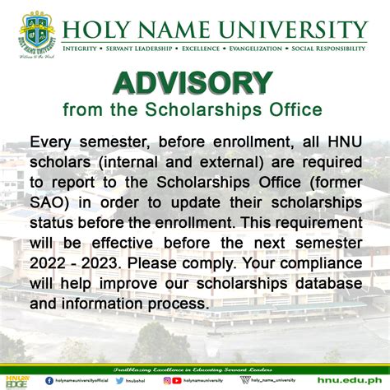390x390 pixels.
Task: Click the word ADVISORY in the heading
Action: (x=193, y=83)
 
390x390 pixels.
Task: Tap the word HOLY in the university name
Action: (x=91, y=30)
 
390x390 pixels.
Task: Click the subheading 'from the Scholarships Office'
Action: (x=193, y=109)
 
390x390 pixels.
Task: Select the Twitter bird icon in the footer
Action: (x=120, y=379)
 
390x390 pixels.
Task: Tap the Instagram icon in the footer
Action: (x=168, y=379)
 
